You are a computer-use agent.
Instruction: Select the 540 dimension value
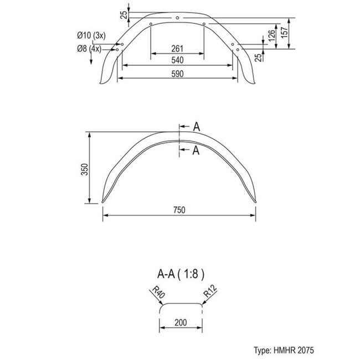coord(177,60)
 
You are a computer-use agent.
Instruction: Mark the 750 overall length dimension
coord(178,210)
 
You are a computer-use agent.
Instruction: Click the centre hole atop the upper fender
coord(177,18)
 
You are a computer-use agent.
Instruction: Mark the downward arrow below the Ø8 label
coord(91,59)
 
